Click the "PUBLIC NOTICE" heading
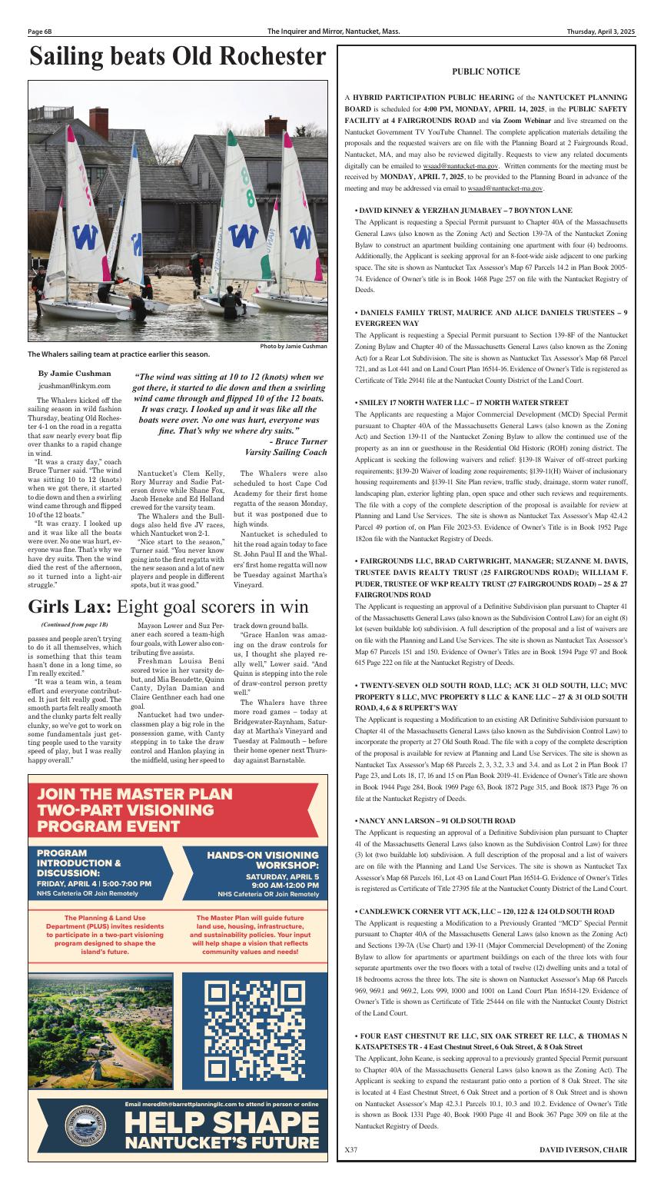coord(486,71)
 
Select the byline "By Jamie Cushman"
coord(75,373)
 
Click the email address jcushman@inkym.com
coord(75,385)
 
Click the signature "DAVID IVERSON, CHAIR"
coord(583,1149)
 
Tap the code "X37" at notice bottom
coord(352,1149)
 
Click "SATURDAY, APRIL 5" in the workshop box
coord(282,876)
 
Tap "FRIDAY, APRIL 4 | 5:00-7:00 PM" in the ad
coord(95,883)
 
